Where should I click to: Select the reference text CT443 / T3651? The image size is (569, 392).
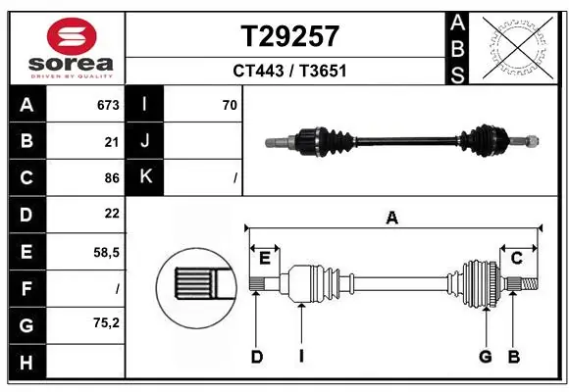click(289, 71)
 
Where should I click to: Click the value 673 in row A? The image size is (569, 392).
click(107, 105)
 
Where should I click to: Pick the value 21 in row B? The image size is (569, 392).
click(111, 141)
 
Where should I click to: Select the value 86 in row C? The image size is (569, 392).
click(111, 177)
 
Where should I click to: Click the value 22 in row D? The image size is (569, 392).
click(111, 214)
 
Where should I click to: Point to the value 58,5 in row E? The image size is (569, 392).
click(106, 251)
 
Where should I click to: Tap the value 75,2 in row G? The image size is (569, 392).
click(106, 321)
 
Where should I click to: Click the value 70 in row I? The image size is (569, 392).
click(230, 105)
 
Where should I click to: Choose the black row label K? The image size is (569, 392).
click(145, 177)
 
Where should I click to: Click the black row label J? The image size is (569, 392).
click(145, 141)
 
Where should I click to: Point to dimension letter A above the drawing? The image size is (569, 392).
click(391, 218)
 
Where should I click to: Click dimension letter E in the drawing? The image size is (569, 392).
click(264, 258)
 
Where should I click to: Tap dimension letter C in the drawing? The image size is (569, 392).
click(515, 258)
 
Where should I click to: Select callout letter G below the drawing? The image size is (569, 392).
click(485, 357)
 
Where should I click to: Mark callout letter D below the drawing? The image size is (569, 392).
click(256, 357)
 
